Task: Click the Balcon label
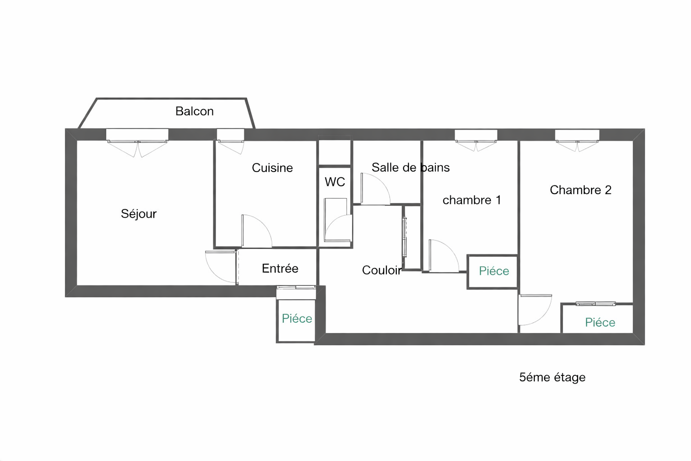coord(194,111)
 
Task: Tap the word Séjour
coord(139,214)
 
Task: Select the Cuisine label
coord(272,168)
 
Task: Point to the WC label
coord(335,182)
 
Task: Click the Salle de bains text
coord(411,167)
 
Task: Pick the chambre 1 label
coord(471,200)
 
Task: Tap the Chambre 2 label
coord(581,190)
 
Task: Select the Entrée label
coord(280,268)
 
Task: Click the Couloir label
coord(382,270)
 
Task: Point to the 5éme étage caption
coord(552,377)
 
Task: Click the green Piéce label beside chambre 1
coord(494,271)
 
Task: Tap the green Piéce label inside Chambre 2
coord(600,322)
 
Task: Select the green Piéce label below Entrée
coord(297,318)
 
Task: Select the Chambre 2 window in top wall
coord(577,135)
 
